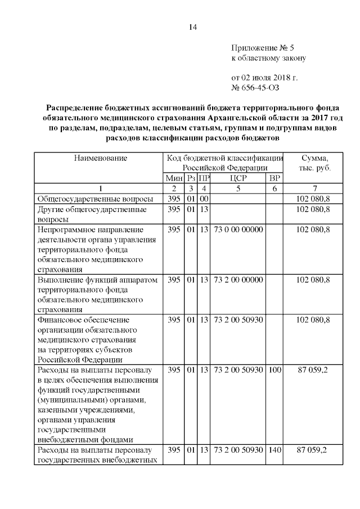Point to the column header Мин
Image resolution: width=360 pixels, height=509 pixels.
click(x=174, y=178)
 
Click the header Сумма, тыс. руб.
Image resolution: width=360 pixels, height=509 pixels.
click(x=315, y=163)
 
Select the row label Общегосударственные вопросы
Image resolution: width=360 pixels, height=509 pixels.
click(x=95, y=199)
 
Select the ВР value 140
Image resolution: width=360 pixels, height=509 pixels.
click(x=274, y=450)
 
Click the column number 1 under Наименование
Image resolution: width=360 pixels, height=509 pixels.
click(x=101, y=188)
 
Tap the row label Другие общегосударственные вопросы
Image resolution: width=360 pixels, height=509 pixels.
click(x=92, y=214)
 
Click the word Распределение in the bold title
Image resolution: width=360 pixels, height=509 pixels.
click(x=76, y=107)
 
